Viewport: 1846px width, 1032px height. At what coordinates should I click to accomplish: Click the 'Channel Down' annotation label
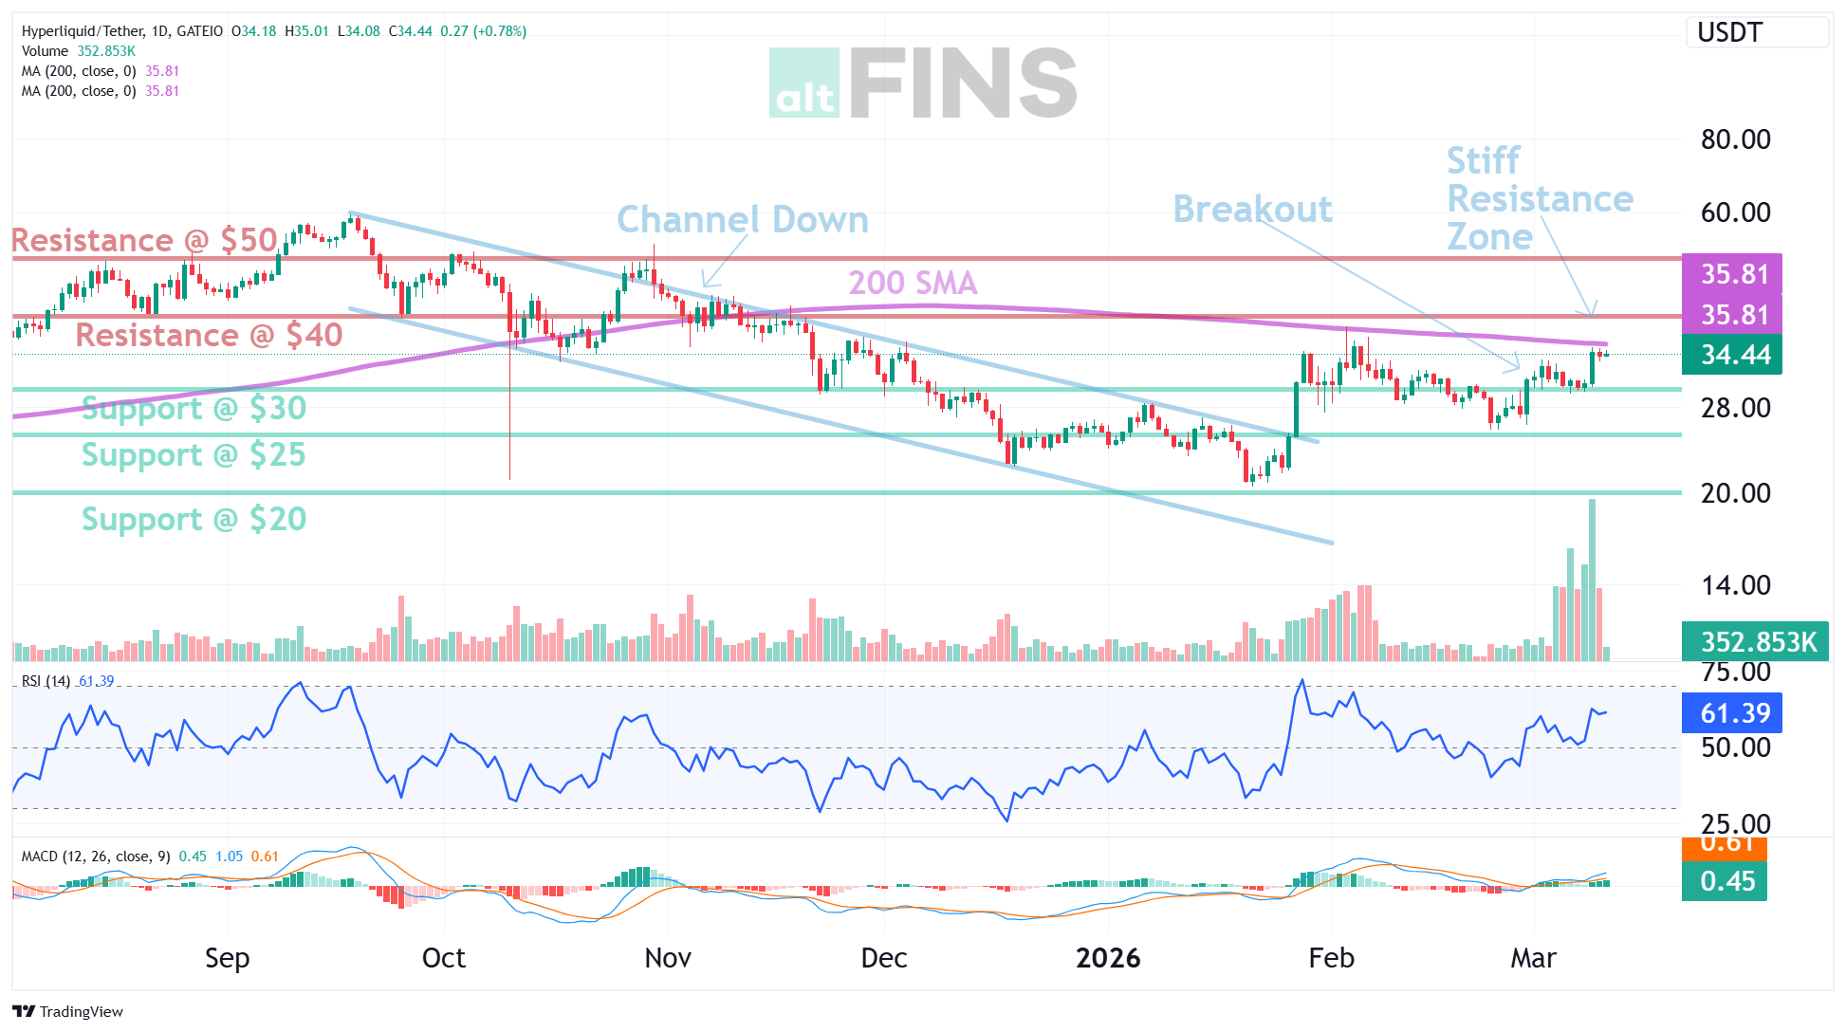coord(742,220)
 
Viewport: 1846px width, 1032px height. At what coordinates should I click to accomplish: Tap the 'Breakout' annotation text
coord(1252,210)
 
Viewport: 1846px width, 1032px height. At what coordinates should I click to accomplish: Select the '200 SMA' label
coord(912,283)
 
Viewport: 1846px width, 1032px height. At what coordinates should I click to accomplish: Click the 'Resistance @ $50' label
coord(144,240)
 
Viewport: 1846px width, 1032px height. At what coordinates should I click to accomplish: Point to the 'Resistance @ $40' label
coord(209,335)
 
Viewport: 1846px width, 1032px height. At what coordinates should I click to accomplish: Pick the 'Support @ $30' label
coord(194,408)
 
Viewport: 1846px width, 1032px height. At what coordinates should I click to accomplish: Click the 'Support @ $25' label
coord(194,454)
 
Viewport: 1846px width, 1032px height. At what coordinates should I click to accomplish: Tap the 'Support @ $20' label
coord(194,519)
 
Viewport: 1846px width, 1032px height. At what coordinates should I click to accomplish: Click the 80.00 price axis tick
coord(1735,139)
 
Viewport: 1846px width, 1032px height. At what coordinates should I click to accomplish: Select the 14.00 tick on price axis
coord(1735,585)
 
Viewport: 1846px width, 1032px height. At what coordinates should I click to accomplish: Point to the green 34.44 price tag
coord(1732,355)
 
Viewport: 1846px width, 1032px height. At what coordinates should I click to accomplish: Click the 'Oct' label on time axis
coord(443,958)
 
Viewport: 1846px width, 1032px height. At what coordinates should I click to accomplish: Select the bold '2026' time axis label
coord(1108,958)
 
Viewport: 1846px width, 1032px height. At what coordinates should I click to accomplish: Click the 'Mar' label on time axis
coord(1533,958)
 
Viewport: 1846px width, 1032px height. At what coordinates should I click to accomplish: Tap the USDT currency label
coord(1729,32)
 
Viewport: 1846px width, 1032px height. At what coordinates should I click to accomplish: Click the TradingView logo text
coord(69,1011)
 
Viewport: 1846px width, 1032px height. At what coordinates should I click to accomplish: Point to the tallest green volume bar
coord(1592,579)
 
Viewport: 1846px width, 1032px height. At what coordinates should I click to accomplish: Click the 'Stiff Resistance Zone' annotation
coord(1538,199)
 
